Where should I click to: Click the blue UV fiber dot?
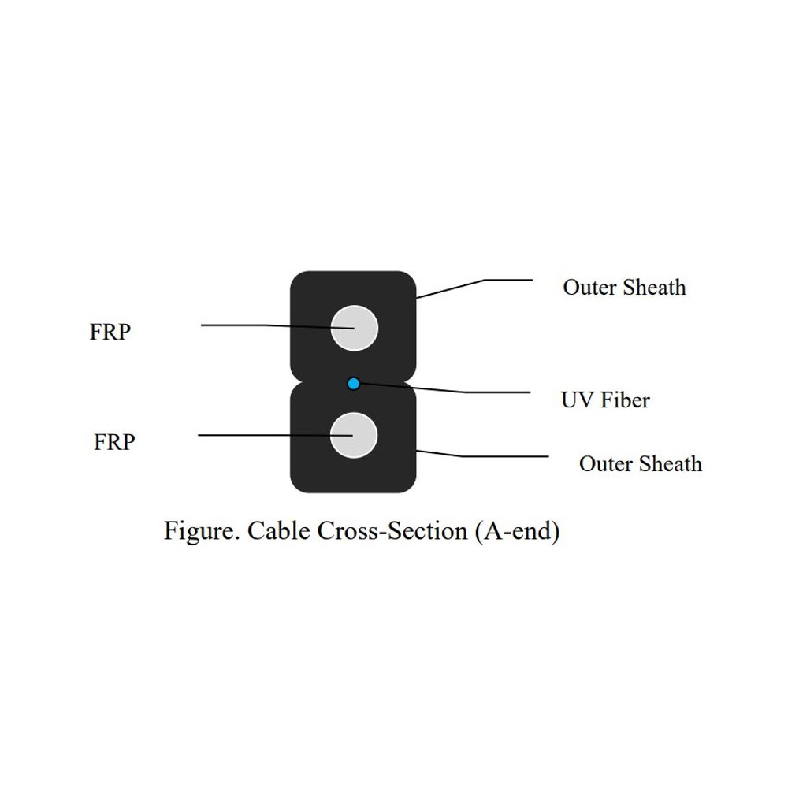point(353,384)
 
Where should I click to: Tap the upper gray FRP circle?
point(355,328)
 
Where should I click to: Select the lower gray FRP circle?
point(354,435)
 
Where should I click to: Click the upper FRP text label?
point(110,332)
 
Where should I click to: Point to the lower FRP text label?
point(114,442)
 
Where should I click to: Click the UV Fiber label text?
point(605,400)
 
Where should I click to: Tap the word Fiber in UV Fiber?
point(626,400)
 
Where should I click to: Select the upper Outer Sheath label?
point(625,288)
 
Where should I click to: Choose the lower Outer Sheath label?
point(641,464)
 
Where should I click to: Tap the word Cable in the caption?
point(279,530)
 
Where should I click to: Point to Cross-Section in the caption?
point(392,530)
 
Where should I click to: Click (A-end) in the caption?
point(518,532)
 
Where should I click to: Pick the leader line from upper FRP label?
point(277,326)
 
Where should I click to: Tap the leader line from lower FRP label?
point(275,435)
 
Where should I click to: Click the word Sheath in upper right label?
point(655,288)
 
